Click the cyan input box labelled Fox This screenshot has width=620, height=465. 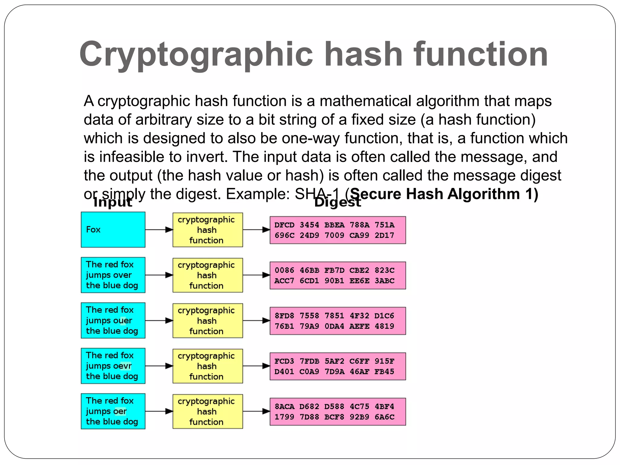pyautogui.click(x=113, y=229)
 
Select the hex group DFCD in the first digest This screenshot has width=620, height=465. pyautogui.click(x=284, y=225)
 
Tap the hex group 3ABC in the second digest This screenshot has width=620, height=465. pyautogui.click(x=384, y=281)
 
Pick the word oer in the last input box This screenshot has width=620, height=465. pyautogui.click(x=120, y=411)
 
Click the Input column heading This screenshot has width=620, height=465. pyautogui.click(x=113, y=202)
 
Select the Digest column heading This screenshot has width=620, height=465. pyautogui.click(x=338, y=202)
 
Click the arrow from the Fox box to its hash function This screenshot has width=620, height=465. pyautogui.click(x=159, y=230)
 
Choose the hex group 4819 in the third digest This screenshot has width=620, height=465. pyautogui.click(x=384, y=326)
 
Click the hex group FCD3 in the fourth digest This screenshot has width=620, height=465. pyautogui.click(x=284, y=361)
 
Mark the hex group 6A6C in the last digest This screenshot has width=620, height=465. pyautogui.click(x=384, y=417)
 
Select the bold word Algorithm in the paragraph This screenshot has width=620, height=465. pyautogui.click(x=483, y=194)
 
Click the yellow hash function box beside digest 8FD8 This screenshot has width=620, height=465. pyautogui.click(x=208, y=321)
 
